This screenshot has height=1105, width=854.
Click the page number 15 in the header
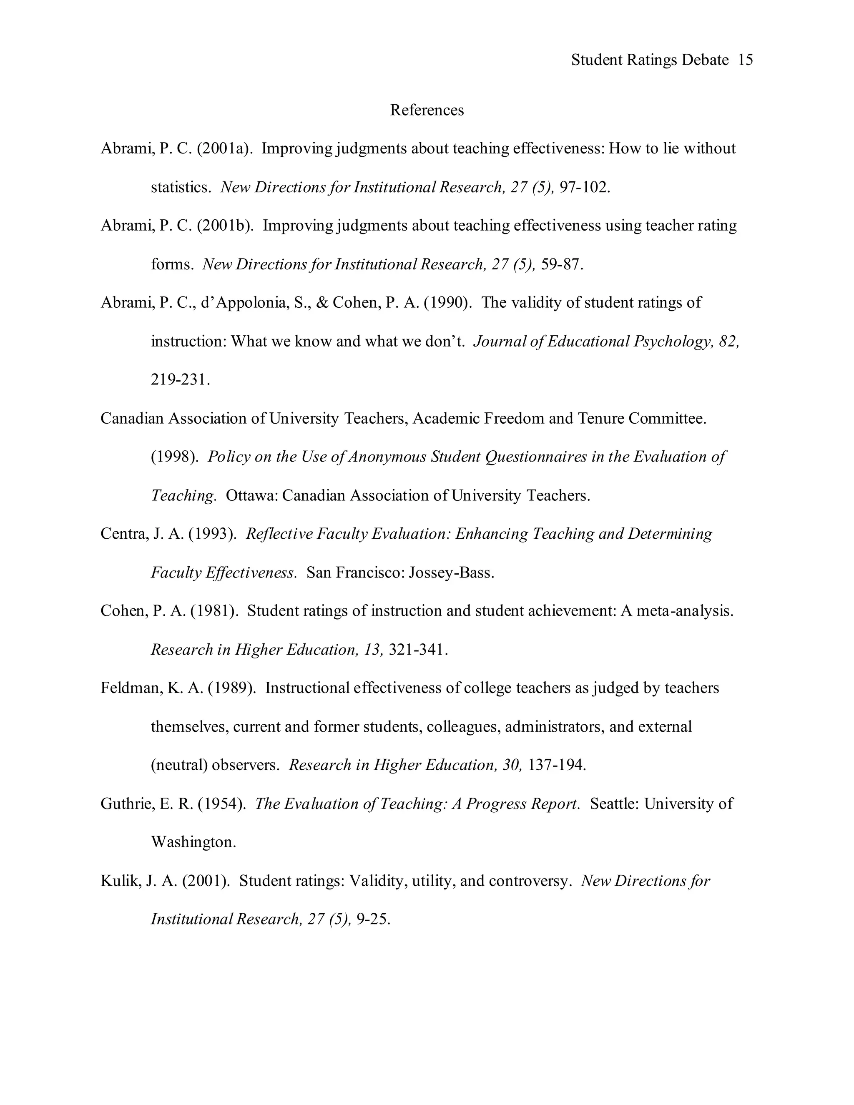745,60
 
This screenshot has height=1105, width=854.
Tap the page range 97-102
584,188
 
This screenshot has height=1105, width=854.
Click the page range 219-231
180,379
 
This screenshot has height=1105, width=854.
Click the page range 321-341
417,650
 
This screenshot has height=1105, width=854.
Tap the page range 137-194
557,765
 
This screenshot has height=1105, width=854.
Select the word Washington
193,842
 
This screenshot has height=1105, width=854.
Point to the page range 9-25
373,919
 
